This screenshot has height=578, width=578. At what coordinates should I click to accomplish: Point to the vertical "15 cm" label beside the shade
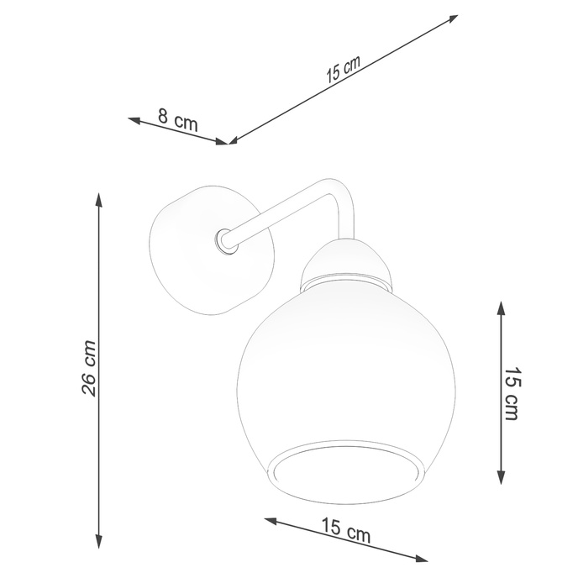point(512,392)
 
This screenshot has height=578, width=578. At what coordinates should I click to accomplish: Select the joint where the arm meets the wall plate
point(225,241)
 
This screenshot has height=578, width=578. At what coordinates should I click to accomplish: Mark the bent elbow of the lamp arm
point(341,198)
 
